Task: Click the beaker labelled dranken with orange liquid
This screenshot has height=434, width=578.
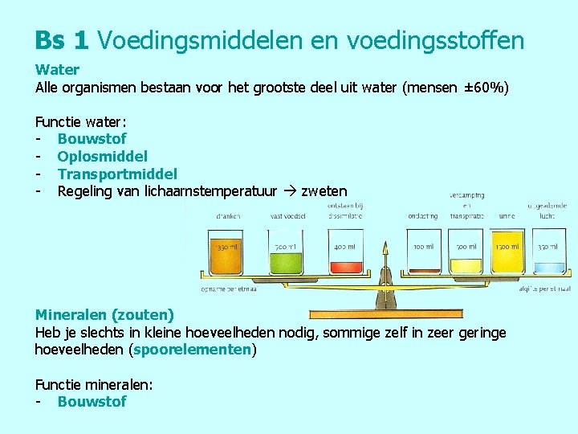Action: (226, 252)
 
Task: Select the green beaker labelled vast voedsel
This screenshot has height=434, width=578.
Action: (285, 252)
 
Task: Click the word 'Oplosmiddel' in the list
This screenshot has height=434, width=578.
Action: (102, 156)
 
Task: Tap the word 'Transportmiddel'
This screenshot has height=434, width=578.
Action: (117, 174)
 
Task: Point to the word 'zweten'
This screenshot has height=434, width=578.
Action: (324, 191)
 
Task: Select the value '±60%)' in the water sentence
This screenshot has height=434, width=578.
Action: (486, 87)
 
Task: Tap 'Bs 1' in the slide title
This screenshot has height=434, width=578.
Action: (61, 39)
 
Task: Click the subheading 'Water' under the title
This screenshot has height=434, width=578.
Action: (57, 70)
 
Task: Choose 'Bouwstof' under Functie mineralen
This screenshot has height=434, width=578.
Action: (92, 401)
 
